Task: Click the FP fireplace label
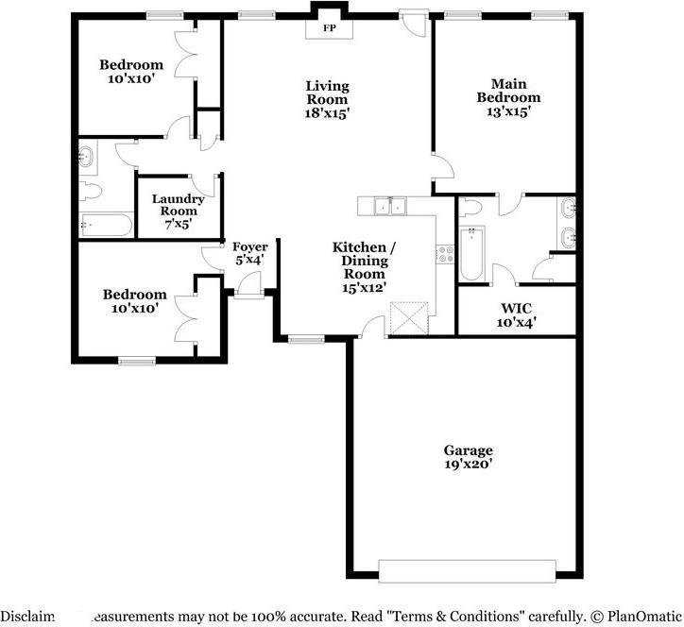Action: (x=330, y=28)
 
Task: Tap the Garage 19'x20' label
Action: (x=469, y=456)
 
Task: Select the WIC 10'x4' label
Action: (x=517, y=315)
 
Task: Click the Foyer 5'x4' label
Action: (x=250, y=253)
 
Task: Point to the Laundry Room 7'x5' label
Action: (x=178, y=211)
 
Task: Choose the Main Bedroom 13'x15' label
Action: (x=508, y=97)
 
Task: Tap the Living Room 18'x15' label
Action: (x=327, y=99)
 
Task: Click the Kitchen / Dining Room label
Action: (x=365, y=267)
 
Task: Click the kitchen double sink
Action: (x=390, y=206)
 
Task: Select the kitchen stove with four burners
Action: (x=446, y=254)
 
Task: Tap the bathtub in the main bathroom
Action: (x=471, y=253)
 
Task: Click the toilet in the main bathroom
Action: (x=470, y=206)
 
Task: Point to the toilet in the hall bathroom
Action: (x=91, y=191)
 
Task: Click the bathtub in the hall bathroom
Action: (x=107, y=225)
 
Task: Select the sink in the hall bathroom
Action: (x=86, y=156)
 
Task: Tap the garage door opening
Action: (x=468, y=571)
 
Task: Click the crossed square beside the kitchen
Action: (x=409, y=318)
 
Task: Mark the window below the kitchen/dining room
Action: (x=306, y=339)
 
